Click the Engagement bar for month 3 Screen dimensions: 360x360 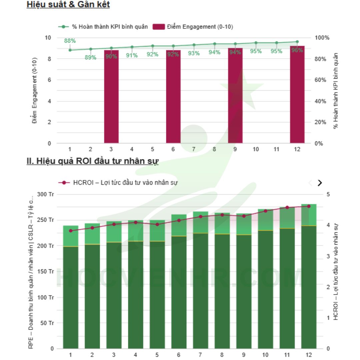[111, 97]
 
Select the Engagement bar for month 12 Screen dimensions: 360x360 [297, 97]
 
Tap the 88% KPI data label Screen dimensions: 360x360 [70, 41]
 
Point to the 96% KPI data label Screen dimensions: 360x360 [297, 50]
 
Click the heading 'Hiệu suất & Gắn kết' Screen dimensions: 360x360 [68, 5]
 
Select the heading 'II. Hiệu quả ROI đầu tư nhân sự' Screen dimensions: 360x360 [93, 161]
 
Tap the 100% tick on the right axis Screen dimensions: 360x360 [322, 38]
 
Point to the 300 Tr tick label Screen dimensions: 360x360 [47, 194]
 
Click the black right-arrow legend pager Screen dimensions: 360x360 [320, 183]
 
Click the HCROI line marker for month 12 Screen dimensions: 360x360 [309, 206]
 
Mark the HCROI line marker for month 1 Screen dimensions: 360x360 [70, 231]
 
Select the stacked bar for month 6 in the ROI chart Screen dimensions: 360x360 [179, 283]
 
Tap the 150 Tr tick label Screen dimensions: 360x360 [47, 272]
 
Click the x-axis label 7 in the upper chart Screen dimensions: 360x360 [194, 149]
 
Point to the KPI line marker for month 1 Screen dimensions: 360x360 [70, 50]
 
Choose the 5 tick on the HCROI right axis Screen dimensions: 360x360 [328, 194]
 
